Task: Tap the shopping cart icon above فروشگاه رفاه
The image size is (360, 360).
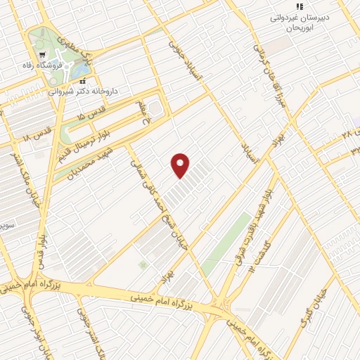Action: (44, 55)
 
